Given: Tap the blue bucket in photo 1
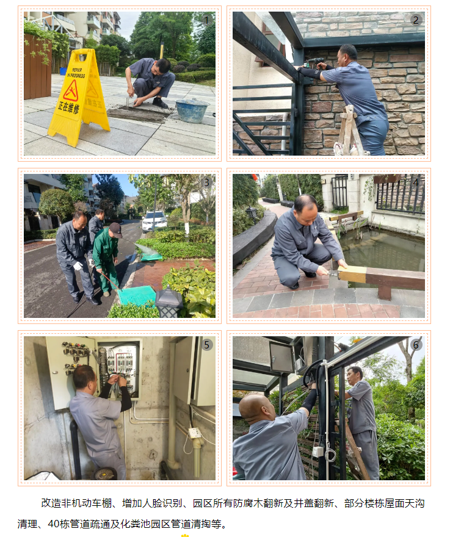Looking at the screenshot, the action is (191, 110).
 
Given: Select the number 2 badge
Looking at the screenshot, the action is (416, 20).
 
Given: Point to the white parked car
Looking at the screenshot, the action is (154, 221).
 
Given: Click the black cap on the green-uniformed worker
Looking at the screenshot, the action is (116, 229).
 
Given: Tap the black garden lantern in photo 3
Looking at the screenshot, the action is (169, 301).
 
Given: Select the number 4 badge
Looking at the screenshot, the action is (416, 182).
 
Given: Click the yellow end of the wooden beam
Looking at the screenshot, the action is (352, 274).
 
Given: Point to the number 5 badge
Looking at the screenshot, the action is (206, 345).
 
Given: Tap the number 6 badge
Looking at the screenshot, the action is (416, 345).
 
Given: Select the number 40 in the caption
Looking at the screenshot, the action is (54, 524).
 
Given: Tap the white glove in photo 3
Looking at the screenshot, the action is (79, 266).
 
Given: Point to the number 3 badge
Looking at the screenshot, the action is (206, 182).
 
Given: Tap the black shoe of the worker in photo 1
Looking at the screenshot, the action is (160, 103).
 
